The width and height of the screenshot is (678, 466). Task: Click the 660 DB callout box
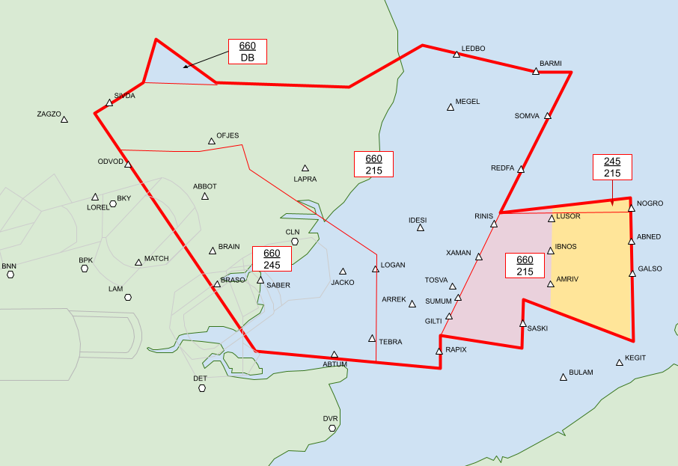[247, 51]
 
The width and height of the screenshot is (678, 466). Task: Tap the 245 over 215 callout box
[612, 167]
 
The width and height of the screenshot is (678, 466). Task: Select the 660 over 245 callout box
[272, 259]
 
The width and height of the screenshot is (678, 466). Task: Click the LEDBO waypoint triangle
[456, 55]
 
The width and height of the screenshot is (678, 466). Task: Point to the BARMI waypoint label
[550, 63]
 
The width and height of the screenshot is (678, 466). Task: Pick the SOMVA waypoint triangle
[548, 116]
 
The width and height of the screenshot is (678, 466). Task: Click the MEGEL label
[468, 101]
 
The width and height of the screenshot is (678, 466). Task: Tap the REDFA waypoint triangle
[521, 170]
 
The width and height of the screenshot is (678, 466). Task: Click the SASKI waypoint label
[537, 328]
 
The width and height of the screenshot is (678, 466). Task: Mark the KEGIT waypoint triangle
[620, 363]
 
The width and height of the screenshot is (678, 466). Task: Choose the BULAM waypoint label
[581, 372]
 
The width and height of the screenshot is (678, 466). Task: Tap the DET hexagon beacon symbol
[201, 387]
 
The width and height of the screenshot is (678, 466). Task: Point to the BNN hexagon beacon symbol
[10, 275]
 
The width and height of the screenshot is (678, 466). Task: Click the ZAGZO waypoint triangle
[64, 120]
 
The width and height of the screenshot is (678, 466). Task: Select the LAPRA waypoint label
[305, 179]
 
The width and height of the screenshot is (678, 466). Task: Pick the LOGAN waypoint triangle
[376, 269]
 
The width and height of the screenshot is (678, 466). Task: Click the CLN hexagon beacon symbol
[295, 242]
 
